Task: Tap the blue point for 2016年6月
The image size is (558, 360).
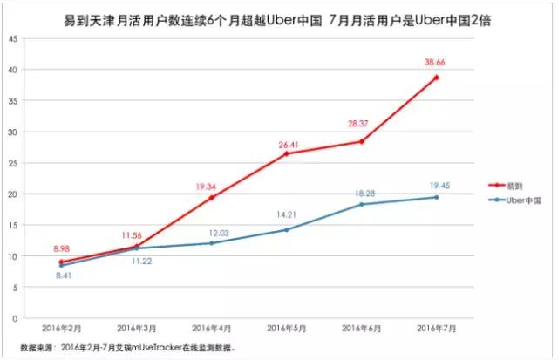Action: click(x=361, y=204)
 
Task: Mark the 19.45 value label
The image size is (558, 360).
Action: click(x=438, y=184)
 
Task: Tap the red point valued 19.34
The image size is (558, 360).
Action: click(x=211, y=198)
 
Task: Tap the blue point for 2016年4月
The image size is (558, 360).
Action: click(x=211, y=243)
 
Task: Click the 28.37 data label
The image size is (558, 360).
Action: click(x=361, y=125)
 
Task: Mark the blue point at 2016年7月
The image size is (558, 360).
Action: click(x=436, y=197)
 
